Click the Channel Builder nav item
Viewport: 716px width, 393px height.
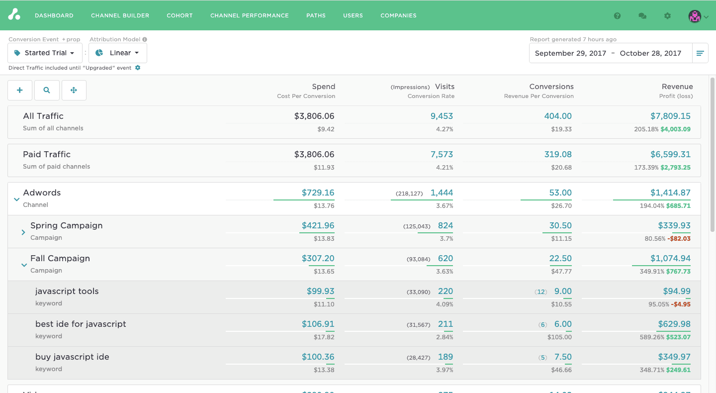click(x=120, y=15)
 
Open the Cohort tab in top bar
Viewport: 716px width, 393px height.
click(x=179, y=15)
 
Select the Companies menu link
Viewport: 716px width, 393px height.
click(x=398, y=15)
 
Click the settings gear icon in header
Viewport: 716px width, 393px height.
click(x=667, y=16)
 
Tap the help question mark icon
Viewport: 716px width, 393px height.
click(x=617, y=16)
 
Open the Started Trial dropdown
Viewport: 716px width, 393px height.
click(x=45, y=53)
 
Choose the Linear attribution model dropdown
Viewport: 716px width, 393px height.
click(x=118, y=53)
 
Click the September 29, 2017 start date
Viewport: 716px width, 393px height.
click(x=570, y=53)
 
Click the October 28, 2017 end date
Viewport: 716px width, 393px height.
click(x=650, y=53)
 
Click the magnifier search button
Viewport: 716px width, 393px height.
click(x=47, y=90)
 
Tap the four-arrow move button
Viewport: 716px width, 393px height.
click(x=74, y=90)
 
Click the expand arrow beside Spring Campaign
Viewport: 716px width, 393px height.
click(x=23, y=232)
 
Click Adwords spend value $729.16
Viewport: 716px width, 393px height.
click(x=318, y=193)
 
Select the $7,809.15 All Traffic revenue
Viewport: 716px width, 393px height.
click(x=670, y=116)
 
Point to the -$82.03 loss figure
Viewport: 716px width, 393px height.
click(x=679, y=239)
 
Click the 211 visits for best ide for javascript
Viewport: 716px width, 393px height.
click(x=445, y=324)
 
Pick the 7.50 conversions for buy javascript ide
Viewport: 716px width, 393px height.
click(x=563, y=357)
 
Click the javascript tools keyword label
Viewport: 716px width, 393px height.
click(x=67, y=291)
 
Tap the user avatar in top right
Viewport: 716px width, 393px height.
click(x=695, y=16)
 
